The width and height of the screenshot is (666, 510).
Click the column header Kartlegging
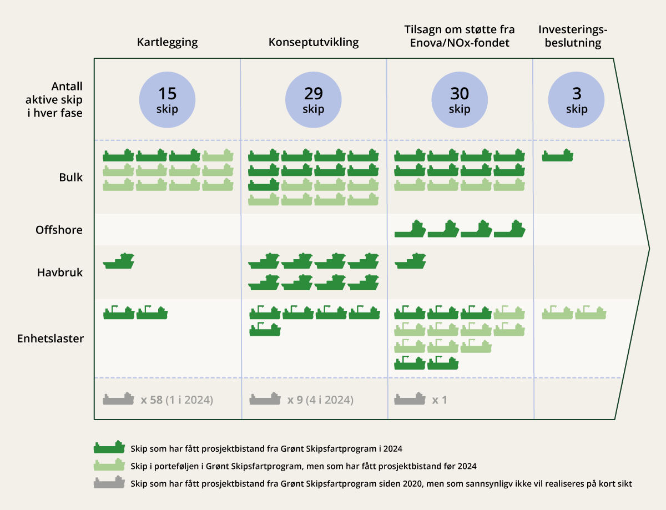coord(167,42)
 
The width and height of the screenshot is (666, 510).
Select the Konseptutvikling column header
coord(314,42)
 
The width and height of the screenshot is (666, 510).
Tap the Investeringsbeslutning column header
coord(570,37)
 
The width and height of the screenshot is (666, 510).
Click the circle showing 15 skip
coord(167,100)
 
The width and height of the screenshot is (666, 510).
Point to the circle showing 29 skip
coord(314,100)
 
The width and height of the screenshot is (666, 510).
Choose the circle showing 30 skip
coord(460,100)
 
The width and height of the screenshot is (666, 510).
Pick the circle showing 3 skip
coord(577,100)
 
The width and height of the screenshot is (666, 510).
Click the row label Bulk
coord(71,178)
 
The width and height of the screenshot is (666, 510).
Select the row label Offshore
coord(59,229)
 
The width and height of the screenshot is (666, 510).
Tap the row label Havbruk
coord(60,272)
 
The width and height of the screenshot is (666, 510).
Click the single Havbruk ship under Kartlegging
coord(119,261)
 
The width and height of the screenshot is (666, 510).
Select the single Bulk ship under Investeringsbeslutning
coord(557,156)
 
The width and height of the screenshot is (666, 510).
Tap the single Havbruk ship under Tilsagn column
coord(411,261)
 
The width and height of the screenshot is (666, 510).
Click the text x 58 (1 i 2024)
coord(176,400)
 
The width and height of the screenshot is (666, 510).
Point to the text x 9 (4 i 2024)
coord(320,400)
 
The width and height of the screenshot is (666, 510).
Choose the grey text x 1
coord(440,400)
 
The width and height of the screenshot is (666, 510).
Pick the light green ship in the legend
coord(109,465)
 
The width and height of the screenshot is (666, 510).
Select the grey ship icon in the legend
coord(109,483)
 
